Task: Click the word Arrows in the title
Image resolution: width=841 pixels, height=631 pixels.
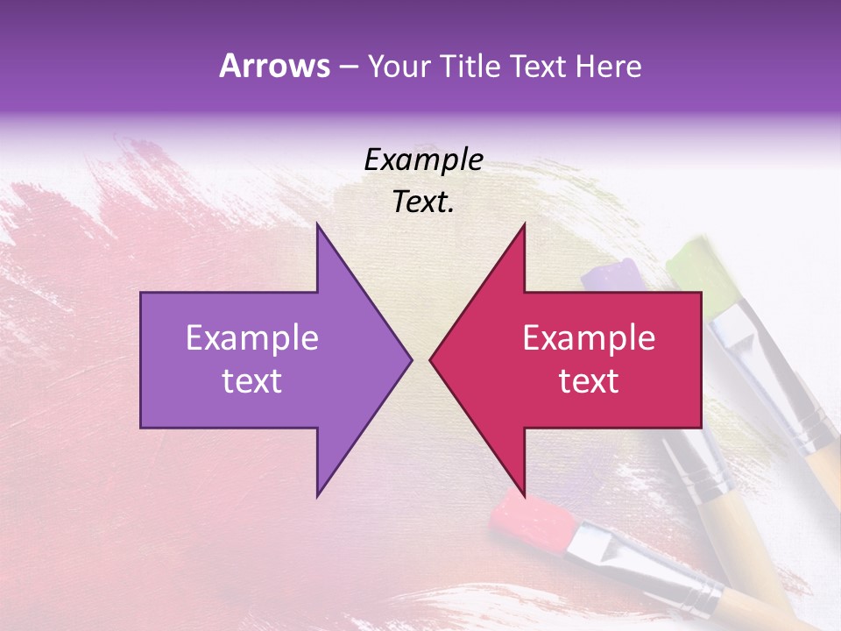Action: click(x=274, y=67)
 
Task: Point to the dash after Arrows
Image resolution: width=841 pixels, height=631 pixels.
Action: click(x=348, y=67)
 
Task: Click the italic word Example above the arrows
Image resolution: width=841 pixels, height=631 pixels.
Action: click(x=423, y=160)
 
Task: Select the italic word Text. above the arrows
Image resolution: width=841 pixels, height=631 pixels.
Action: click(x=423, y=202)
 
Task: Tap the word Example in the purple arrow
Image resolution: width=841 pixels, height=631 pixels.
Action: click(x=252, y=338)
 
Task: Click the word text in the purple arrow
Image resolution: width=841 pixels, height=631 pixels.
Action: click(x=252, y=381)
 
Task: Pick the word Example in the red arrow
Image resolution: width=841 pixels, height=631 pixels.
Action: click(x=589, y=338)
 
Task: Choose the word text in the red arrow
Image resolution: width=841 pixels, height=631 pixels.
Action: click(x=589, y=381)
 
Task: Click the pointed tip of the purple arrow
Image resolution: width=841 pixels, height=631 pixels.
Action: click(x=411, y=359)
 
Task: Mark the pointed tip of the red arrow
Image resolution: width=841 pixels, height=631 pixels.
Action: click(x=430, y=359)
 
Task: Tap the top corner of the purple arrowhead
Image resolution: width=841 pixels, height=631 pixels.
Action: click(x=317, y=224)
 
